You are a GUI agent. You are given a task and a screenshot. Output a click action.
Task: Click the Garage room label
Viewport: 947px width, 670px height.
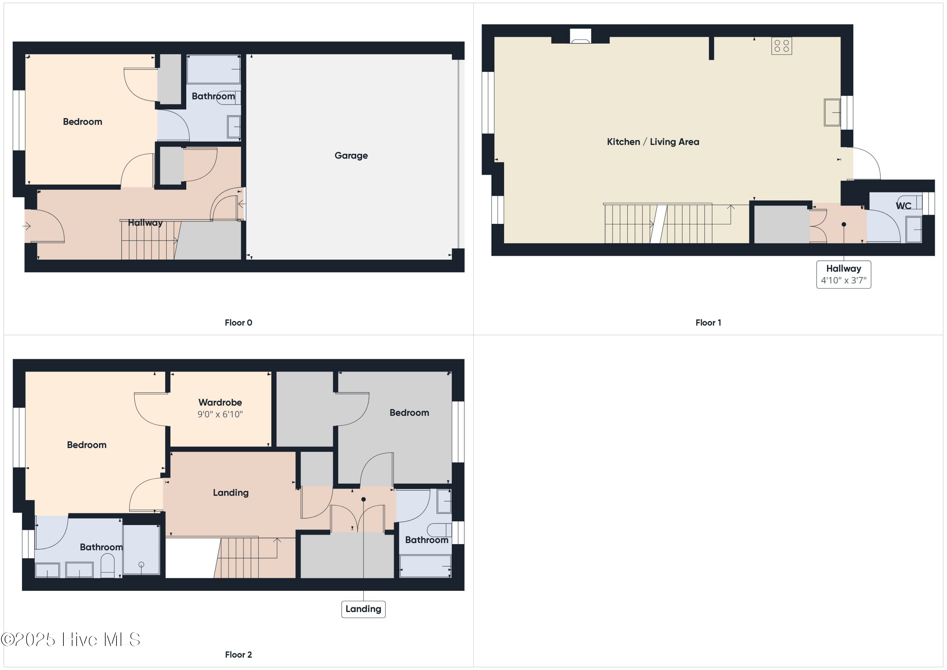[x=351, y=156]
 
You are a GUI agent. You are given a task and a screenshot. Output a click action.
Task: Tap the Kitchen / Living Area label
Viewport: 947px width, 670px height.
[x=653, y=142]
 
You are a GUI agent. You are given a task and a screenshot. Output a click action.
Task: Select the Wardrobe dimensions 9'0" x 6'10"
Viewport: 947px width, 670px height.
[x=220, y=414]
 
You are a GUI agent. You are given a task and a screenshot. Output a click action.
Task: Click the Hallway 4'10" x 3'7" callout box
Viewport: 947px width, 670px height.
[x=843, y=274]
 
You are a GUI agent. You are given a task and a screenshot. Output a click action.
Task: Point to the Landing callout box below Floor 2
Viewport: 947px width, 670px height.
[x=363, y=609]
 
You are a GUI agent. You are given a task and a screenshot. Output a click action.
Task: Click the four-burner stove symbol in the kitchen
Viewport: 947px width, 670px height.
[x=782, y=46]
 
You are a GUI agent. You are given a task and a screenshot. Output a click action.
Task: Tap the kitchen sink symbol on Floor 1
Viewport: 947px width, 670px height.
[x=832, y=112]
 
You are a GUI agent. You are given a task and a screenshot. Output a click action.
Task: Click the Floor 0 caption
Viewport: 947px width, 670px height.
[x=238, y=323]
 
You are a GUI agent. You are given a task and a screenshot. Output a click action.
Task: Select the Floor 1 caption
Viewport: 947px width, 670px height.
[x=708, y=323]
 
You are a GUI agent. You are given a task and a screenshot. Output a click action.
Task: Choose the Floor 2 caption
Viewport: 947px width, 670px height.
[x=238, y=654]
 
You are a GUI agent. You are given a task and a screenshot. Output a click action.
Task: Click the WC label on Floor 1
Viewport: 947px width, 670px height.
[x=903, y=206]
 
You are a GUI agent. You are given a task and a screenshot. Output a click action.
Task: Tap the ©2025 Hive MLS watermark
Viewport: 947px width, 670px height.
[x=70, y=639]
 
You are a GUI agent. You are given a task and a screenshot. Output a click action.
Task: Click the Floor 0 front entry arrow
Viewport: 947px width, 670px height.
[x=27, y=226]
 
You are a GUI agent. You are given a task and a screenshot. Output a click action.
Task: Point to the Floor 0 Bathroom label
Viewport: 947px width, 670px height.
[x=213, y=96]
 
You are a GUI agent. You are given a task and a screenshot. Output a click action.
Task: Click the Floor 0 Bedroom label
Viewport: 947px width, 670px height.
[x=82, y=122]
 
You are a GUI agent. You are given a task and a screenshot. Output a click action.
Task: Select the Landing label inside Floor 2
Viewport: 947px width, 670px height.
[x=230, y=493]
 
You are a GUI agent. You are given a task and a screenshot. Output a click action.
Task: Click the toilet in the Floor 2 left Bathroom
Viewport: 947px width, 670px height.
[x=108, y=565]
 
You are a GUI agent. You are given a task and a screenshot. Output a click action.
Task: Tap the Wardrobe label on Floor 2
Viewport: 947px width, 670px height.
[x=220, y=402]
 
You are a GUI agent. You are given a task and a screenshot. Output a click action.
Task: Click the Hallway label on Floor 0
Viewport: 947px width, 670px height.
[x=145, y=223]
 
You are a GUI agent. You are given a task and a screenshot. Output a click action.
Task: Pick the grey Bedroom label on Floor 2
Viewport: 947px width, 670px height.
[x=409, y=413]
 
